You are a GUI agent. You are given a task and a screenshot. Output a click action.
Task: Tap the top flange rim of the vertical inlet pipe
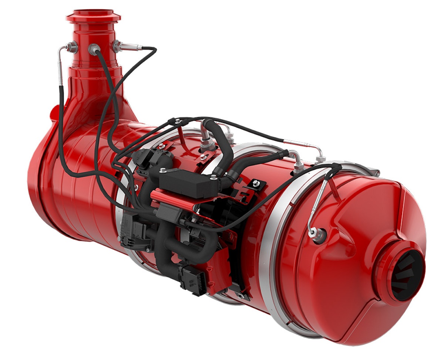point(93,16)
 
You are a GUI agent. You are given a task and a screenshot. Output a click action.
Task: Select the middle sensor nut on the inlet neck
point(94,48)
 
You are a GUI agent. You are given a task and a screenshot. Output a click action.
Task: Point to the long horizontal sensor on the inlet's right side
point(128,47)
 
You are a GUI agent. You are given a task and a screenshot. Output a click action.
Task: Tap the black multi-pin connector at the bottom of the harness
point(192,279)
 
